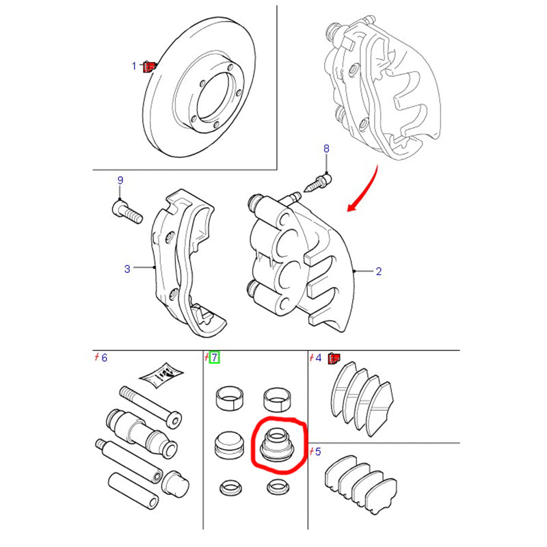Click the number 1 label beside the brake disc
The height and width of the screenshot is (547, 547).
click(x=135, y=66)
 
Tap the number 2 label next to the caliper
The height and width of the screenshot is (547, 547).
click(x=378, y=271)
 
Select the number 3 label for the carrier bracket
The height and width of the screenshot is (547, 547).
click(x=127, y=269)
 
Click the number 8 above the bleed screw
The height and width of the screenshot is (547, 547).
click(x=326, y=148)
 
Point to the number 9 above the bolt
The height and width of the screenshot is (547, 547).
click(x=120, y=181)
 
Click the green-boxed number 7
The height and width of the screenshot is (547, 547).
click(x=214, y=357)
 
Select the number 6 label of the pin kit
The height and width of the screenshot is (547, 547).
click(x=104, y=358)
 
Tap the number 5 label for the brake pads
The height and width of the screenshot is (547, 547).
click(x=317, y=451)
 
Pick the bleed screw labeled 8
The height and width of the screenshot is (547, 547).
click(x=321, y=182)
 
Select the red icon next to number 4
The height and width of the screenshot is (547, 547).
click(x=334, y=358)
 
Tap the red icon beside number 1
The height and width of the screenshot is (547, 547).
click(x=148, y=66)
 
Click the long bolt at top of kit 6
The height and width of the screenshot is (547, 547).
click(x=151, y=406)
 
